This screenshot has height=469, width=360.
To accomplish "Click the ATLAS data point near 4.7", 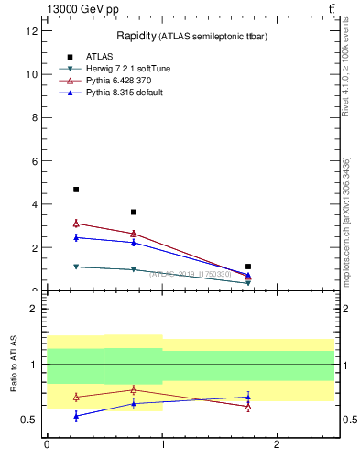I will coord(76,190).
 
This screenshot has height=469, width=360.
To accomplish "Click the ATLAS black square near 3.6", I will coord(134,213).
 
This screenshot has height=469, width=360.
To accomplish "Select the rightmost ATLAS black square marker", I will coord(248,267).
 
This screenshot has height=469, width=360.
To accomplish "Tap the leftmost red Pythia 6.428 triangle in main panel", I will coord(76,223).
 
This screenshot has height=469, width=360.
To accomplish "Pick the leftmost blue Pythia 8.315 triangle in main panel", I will coord(76,237).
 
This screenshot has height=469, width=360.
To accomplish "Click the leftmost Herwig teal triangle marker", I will coord(76,267).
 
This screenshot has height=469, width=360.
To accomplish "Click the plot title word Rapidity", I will coord(135,36).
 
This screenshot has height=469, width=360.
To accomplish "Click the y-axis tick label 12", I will coord(32,30).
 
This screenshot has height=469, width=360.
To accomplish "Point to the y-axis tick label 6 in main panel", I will coord(35,161).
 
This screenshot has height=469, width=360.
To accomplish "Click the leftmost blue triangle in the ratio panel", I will coord(76,416).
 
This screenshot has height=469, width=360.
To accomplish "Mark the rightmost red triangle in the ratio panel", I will coord(248,407).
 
